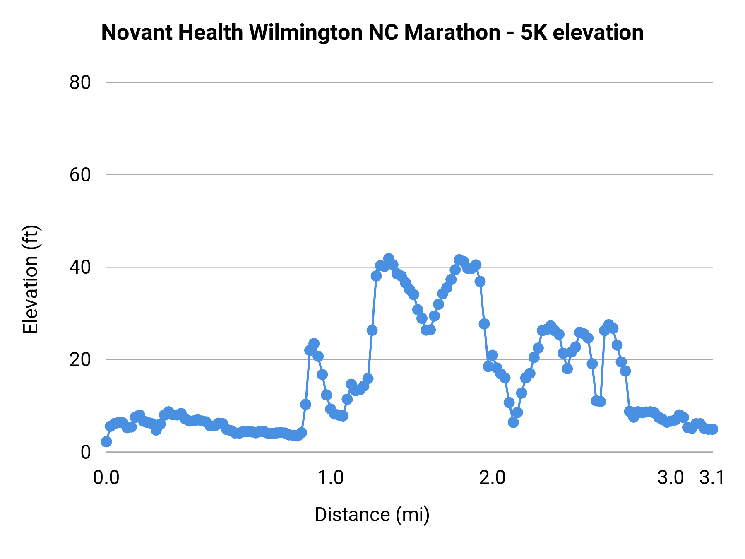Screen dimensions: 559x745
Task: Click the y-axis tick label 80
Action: click(x=80, y=82)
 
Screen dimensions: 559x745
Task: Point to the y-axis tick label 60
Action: click(x=80, y=175)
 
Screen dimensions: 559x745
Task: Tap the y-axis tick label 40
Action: click(x=80, y=267)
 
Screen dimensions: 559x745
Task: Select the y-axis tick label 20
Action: click(x=80, y=359)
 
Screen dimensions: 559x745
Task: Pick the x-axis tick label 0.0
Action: click(x=106, y=478)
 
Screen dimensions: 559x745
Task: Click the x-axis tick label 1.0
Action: click(x=331, y=478)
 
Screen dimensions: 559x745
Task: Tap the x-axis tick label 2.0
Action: click(x=493, y=478)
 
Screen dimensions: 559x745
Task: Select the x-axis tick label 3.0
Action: click(x=670, y=478)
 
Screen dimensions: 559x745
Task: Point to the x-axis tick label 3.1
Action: click(x=712, y=478)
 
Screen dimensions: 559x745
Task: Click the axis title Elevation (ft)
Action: click(x=31, y=279)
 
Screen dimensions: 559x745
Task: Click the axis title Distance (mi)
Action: click(x=372, y=515)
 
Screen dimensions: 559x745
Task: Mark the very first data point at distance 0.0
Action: click(x=106, y=442)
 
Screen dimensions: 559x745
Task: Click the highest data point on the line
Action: click(x=389, y=258)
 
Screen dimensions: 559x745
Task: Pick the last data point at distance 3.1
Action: click(x=713, y=429)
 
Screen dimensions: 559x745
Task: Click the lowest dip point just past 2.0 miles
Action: click(x=513, y=422)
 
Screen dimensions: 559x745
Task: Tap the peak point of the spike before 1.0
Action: click(x=314, y=343)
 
